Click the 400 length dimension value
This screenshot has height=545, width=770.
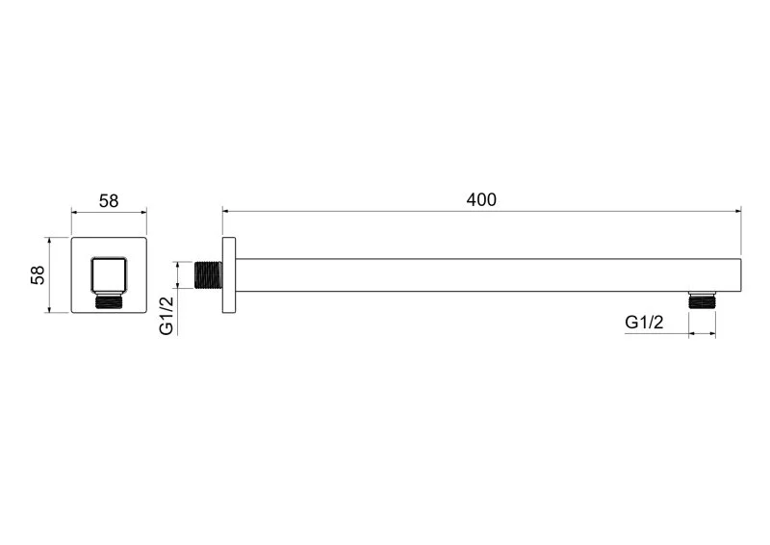481,199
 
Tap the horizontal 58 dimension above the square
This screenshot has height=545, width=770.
109,201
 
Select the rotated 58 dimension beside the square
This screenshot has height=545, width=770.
38,274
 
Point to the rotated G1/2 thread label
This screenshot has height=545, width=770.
167,316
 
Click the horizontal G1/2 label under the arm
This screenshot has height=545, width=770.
644,323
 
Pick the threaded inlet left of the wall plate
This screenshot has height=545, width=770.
209,275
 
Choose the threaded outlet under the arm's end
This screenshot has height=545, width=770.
702,299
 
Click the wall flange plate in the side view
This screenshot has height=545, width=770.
229,274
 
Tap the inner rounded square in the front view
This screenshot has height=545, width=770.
109,273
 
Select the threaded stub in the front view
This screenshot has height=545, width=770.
109,300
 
